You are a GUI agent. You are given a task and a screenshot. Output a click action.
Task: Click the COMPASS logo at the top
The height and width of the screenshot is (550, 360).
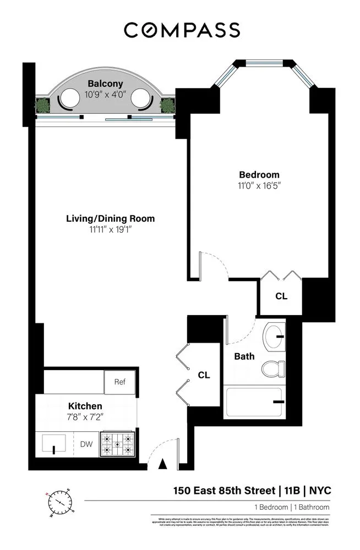(x=182, y=30)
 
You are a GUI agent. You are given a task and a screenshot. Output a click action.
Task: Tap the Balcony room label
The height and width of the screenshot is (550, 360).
(x=105, y=84)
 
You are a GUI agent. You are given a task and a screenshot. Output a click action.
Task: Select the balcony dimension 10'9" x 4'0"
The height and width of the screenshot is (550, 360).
(x=105, y=94)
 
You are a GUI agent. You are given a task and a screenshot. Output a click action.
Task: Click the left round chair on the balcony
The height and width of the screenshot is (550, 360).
(x=69, y=100)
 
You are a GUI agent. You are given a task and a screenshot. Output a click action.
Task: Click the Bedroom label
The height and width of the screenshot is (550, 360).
(x=258, y=175)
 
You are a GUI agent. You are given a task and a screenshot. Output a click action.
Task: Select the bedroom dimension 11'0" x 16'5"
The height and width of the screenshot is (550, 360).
(x=258, y=186)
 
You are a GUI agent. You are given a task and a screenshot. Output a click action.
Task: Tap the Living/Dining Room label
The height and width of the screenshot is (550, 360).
(x=110, y=218)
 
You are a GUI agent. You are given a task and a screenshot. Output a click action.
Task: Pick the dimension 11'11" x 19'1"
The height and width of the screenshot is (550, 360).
(x=110, y=229)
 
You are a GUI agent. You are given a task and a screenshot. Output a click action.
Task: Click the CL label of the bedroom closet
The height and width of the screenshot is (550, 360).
(x=281, y=296)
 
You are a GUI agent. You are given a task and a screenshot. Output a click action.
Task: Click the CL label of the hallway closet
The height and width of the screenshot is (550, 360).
(x=204, y=375)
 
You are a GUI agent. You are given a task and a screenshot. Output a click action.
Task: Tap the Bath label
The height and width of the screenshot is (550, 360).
(x=244, y=356)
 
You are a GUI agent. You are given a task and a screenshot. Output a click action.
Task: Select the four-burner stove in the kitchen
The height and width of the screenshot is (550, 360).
(x=118, y=444)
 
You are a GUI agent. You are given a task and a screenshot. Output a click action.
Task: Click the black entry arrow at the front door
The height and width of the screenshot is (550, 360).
(x=162, y=464)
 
